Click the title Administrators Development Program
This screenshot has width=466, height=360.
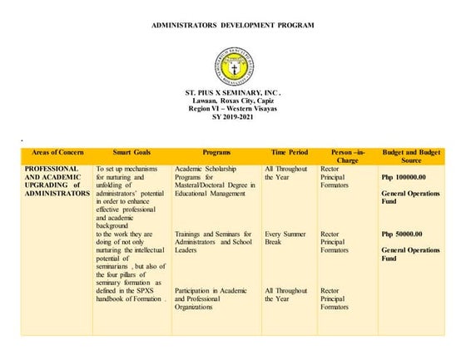pyautogui.click(x=232, y=26)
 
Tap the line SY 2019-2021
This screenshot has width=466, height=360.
pyautogui.click(x=232, y=117)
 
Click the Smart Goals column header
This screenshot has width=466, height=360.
pyautogui.click(x=131, y=153)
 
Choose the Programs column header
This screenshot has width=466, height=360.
pyautogui.click(x=216, y=153)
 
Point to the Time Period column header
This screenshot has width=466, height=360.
pyautogui.click(x=289, y=153)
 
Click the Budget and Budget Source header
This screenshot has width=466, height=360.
pyautogui.click(x=410, y=157)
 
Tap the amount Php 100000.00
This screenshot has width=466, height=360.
pyautogui.click(x=403, y=177)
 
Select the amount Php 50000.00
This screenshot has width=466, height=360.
pyautogui.click(x=401, y=234)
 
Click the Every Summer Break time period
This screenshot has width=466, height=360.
pyautogui.click(x=285, y=238)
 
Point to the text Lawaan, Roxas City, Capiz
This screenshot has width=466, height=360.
pyautogui.click(x=232, y=101)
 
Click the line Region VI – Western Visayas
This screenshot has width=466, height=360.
pyautogui.click(x=232, y=109)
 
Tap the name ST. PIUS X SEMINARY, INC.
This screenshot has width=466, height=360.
pyautogui.click(x=232, y=92)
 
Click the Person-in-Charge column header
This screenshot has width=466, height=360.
pyautogui.click(x=347, y=157)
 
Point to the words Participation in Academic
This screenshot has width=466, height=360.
pyautogui.click(x=211, y=290)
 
